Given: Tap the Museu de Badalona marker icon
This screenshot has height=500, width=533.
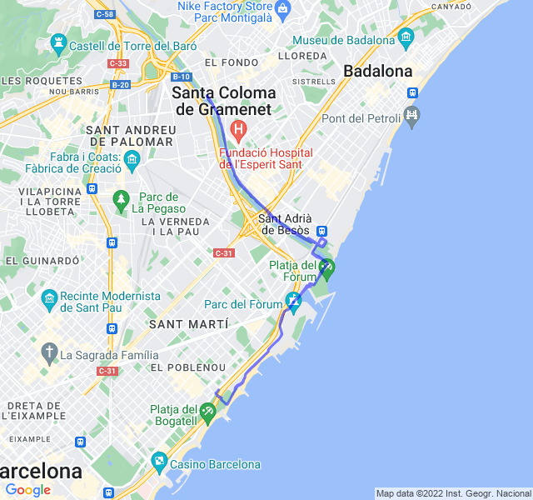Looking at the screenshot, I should click(406, 37).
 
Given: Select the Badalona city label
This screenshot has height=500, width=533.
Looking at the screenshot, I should click(378, 71).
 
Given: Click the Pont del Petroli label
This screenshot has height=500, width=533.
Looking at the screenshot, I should click(361, 118).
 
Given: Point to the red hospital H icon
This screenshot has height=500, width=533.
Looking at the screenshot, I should click(239, 129).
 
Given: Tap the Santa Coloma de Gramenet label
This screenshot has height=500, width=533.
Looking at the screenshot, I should click(222, 101).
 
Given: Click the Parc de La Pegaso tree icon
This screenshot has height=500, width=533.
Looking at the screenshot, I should click(122, 198).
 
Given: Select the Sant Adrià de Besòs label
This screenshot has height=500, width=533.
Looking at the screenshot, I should click(285, 224).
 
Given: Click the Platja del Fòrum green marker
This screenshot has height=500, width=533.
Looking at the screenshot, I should click(327, 267).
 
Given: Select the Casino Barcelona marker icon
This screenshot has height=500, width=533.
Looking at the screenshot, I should click(159, 459).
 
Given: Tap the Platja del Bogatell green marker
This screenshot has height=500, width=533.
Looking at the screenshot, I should click(207, 411).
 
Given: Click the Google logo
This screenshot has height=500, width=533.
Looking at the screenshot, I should click(27, 490).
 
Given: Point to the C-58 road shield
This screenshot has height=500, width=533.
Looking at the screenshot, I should click(104, 14).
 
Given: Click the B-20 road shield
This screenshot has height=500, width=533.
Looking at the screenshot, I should click(119, 84).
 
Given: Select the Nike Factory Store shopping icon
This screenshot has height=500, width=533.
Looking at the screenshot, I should click(282, 8).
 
